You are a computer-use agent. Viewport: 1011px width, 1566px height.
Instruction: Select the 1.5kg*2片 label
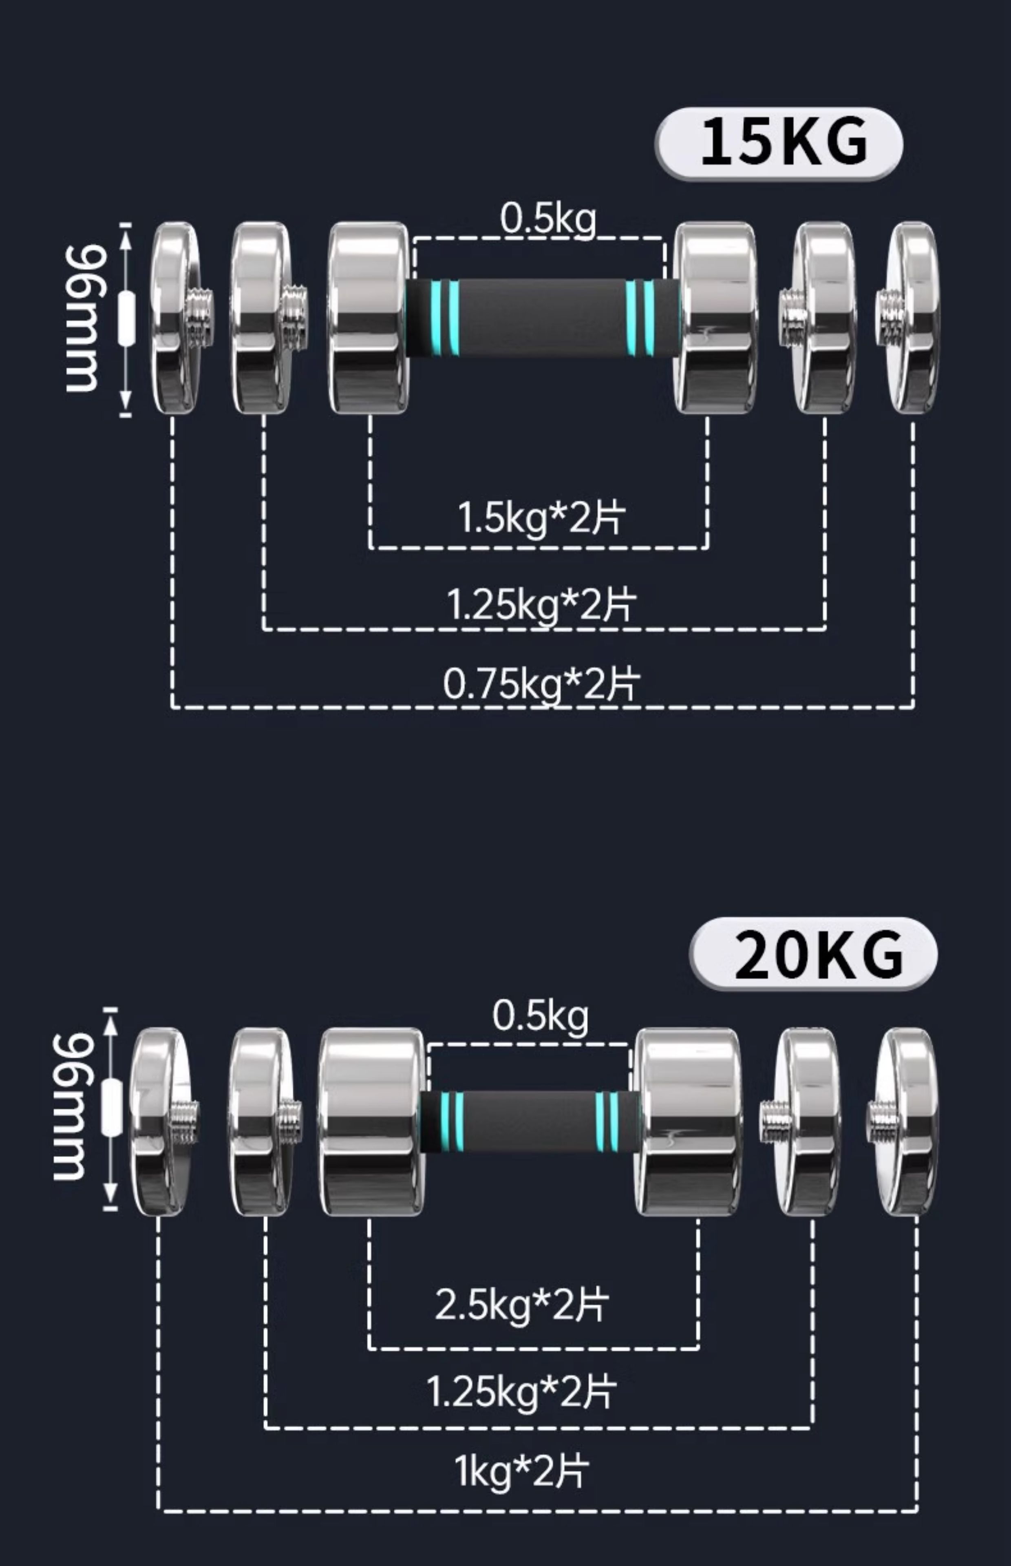click(x=541, y=518)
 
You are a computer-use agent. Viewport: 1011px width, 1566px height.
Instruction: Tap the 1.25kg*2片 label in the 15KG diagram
click(x=541, y=604)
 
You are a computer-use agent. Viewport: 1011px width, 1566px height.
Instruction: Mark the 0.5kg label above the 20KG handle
click(x=540, y=1017)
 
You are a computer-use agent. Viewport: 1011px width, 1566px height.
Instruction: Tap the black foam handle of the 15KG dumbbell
click(x=542, y=318)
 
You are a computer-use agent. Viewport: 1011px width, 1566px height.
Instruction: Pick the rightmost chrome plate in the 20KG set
click(x=909, y=1121)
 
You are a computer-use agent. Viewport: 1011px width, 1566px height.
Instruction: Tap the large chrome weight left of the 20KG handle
click(x=371, y=1121)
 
